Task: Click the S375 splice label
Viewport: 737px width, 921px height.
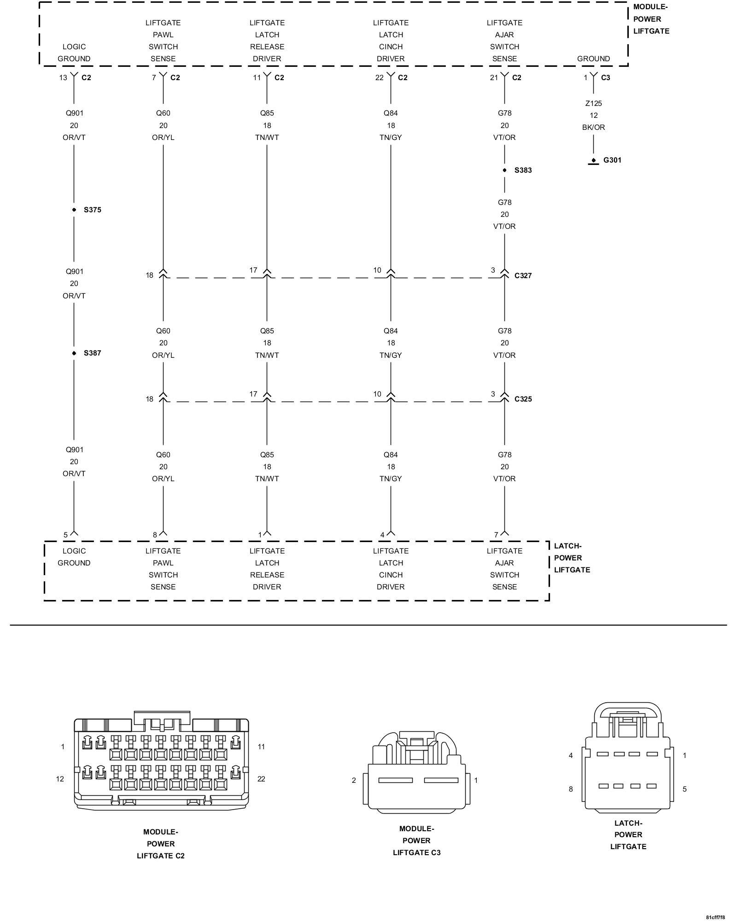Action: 92,210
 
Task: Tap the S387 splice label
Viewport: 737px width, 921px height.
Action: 92,353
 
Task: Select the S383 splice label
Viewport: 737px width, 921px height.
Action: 523,170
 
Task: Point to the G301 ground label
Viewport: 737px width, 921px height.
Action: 612,160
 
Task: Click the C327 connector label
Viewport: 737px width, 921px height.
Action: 523,276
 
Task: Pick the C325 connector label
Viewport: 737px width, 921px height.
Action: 523,399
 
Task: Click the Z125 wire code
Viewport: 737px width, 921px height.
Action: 593,104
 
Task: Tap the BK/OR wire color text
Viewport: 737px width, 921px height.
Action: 593,128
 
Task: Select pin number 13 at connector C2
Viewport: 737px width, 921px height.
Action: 63,78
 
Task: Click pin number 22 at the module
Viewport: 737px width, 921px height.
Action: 379,78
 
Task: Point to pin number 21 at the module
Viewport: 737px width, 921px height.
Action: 494,78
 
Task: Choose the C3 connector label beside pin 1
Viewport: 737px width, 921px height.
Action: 605,78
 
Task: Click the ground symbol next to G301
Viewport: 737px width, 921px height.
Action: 593,162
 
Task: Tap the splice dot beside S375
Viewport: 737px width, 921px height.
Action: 74,210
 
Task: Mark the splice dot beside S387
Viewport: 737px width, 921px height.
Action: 74,353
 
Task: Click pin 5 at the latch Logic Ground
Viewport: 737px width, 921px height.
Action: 65,535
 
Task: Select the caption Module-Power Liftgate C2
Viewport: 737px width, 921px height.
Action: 160,844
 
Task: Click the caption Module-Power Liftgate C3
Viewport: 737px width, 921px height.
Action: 416,841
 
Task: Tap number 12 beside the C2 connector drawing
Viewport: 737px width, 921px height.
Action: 60,779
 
